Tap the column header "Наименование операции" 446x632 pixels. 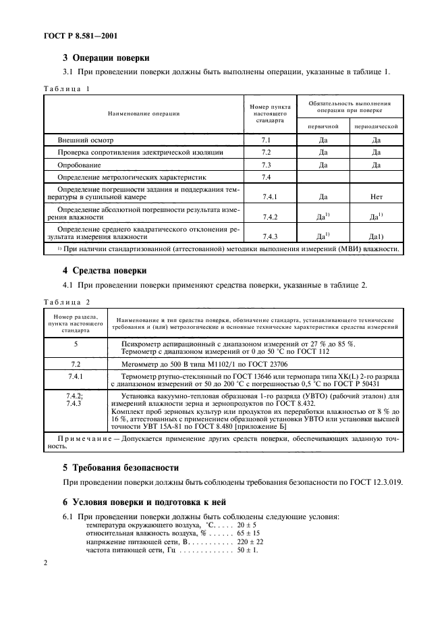pos(146,113)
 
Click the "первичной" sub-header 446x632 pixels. pos(323,126)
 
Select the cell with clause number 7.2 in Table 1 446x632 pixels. pos(265,153)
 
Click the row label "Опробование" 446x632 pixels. pos(79,165)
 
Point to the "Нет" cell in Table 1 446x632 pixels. pos(377,196)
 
